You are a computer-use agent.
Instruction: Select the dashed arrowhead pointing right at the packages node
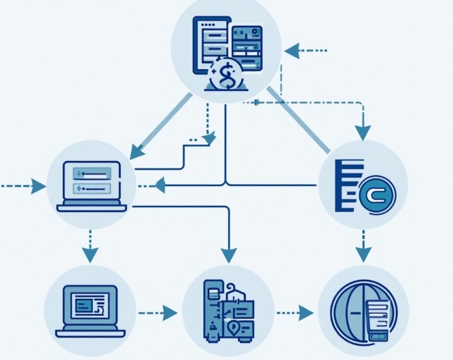pyautogui.click(x=170, y=313)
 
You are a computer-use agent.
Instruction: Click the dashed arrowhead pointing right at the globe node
pyautogui.click(x=306, y=313)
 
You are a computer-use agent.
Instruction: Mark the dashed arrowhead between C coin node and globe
pyautogui.click(x=363, y=252)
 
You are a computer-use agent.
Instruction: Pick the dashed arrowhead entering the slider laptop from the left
pyautogui.click(x=39, y=185)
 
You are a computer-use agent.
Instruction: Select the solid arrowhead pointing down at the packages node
pyautogui.click(x=228, y=253)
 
